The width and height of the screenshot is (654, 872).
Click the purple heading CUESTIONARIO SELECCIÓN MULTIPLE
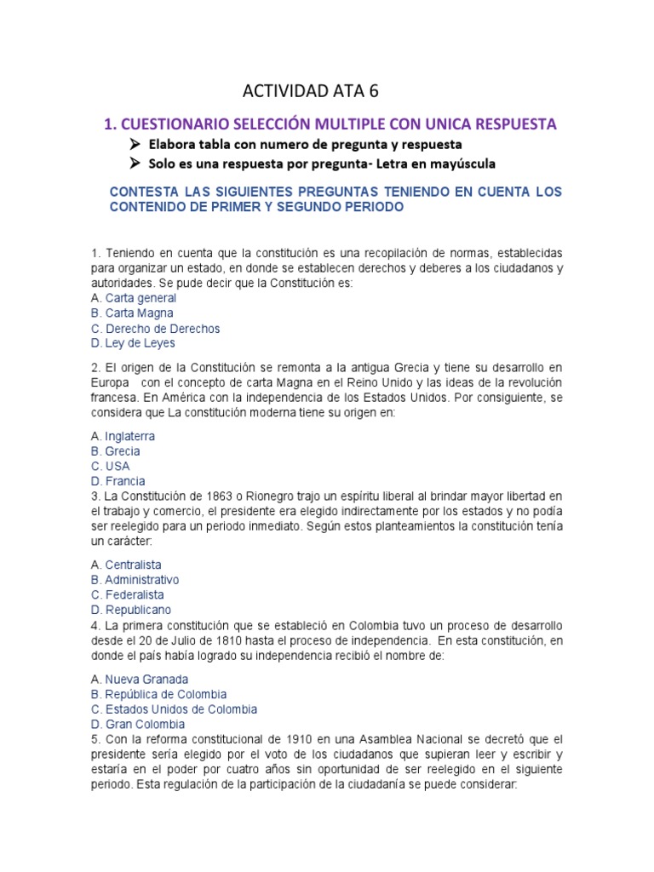(x=330, y=124)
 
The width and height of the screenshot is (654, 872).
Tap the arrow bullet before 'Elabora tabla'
(x=135, y=144)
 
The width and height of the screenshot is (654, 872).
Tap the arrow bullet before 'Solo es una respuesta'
(x=135, y=163)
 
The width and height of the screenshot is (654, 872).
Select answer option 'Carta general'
(x=141, y=298)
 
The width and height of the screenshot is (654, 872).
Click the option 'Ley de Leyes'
(x=140, y=343)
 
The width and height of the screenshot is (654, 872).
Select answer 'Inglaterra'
(x=129, y=436)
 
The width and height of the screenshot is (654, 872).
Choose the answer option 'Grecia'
(x=123, y=451)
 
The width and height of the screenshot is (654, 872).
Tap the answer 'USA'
(x=118, y=466)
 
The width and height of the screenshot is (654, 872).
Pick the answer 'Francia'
(x=124, y=481)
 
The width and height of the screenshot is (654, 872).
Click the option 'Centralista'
(x=133, y=565)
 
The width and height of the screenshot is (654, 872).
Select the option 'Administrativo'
(x=141, y=580)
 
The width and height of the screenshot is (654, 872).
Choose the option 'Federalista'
(x=135, y=594)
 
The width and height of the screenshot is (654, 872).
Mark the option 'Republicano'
(x=138, y=610)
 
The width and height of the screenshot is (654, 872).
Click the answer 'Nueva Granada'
(x=146, y=680)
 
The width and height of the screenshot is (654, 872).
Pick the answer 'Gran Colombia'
(x=145, y=725)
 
